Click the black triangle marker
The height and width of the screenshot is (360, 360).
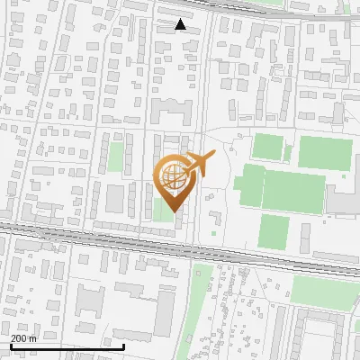point(181,25)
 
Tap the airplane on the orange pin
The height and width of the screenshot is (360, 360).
point(198,163)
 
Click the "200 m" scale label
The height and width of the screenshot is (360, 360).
point(24,338)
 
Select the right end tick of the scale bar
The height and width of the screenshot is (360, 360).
point(123,346)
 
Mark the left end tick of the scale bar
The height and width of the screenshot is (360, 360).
point(11,346)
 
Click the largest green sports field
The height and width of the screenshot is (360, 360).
point(293,192)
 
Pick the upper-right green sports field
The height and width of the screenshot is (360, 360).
point(325,152)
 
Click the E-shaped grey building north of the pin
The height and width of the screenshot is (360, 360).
point(172,112)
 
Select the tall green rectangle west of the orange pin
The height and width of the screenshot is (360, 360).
point(115,157)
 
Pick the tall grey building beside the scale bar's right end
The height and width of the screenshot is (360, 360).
point(164,310)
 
